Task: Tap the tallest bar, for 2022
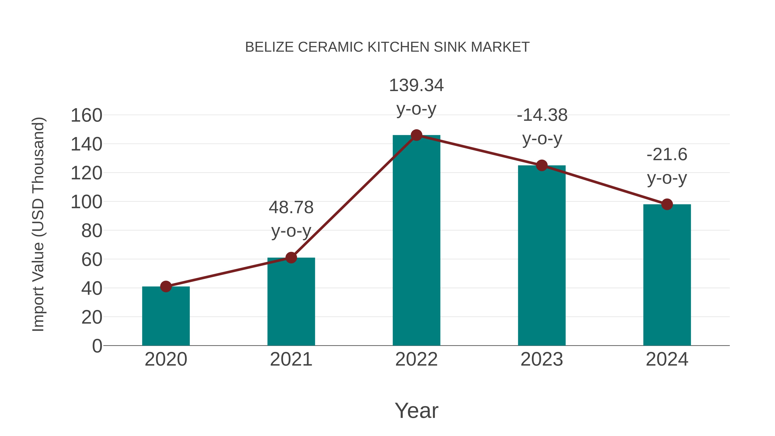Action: tap(416, 241)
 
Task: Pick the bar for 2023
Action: tap(542, 256)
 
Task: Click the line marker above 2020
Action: tap(166, 286)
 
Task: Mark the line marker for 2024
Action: tap(667, 205)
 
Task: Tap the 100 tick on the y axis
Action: tap(86, 202)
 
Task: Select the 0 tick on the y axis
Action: tap(97, 346)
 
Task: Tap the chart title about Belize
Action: tap(387, 47)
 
